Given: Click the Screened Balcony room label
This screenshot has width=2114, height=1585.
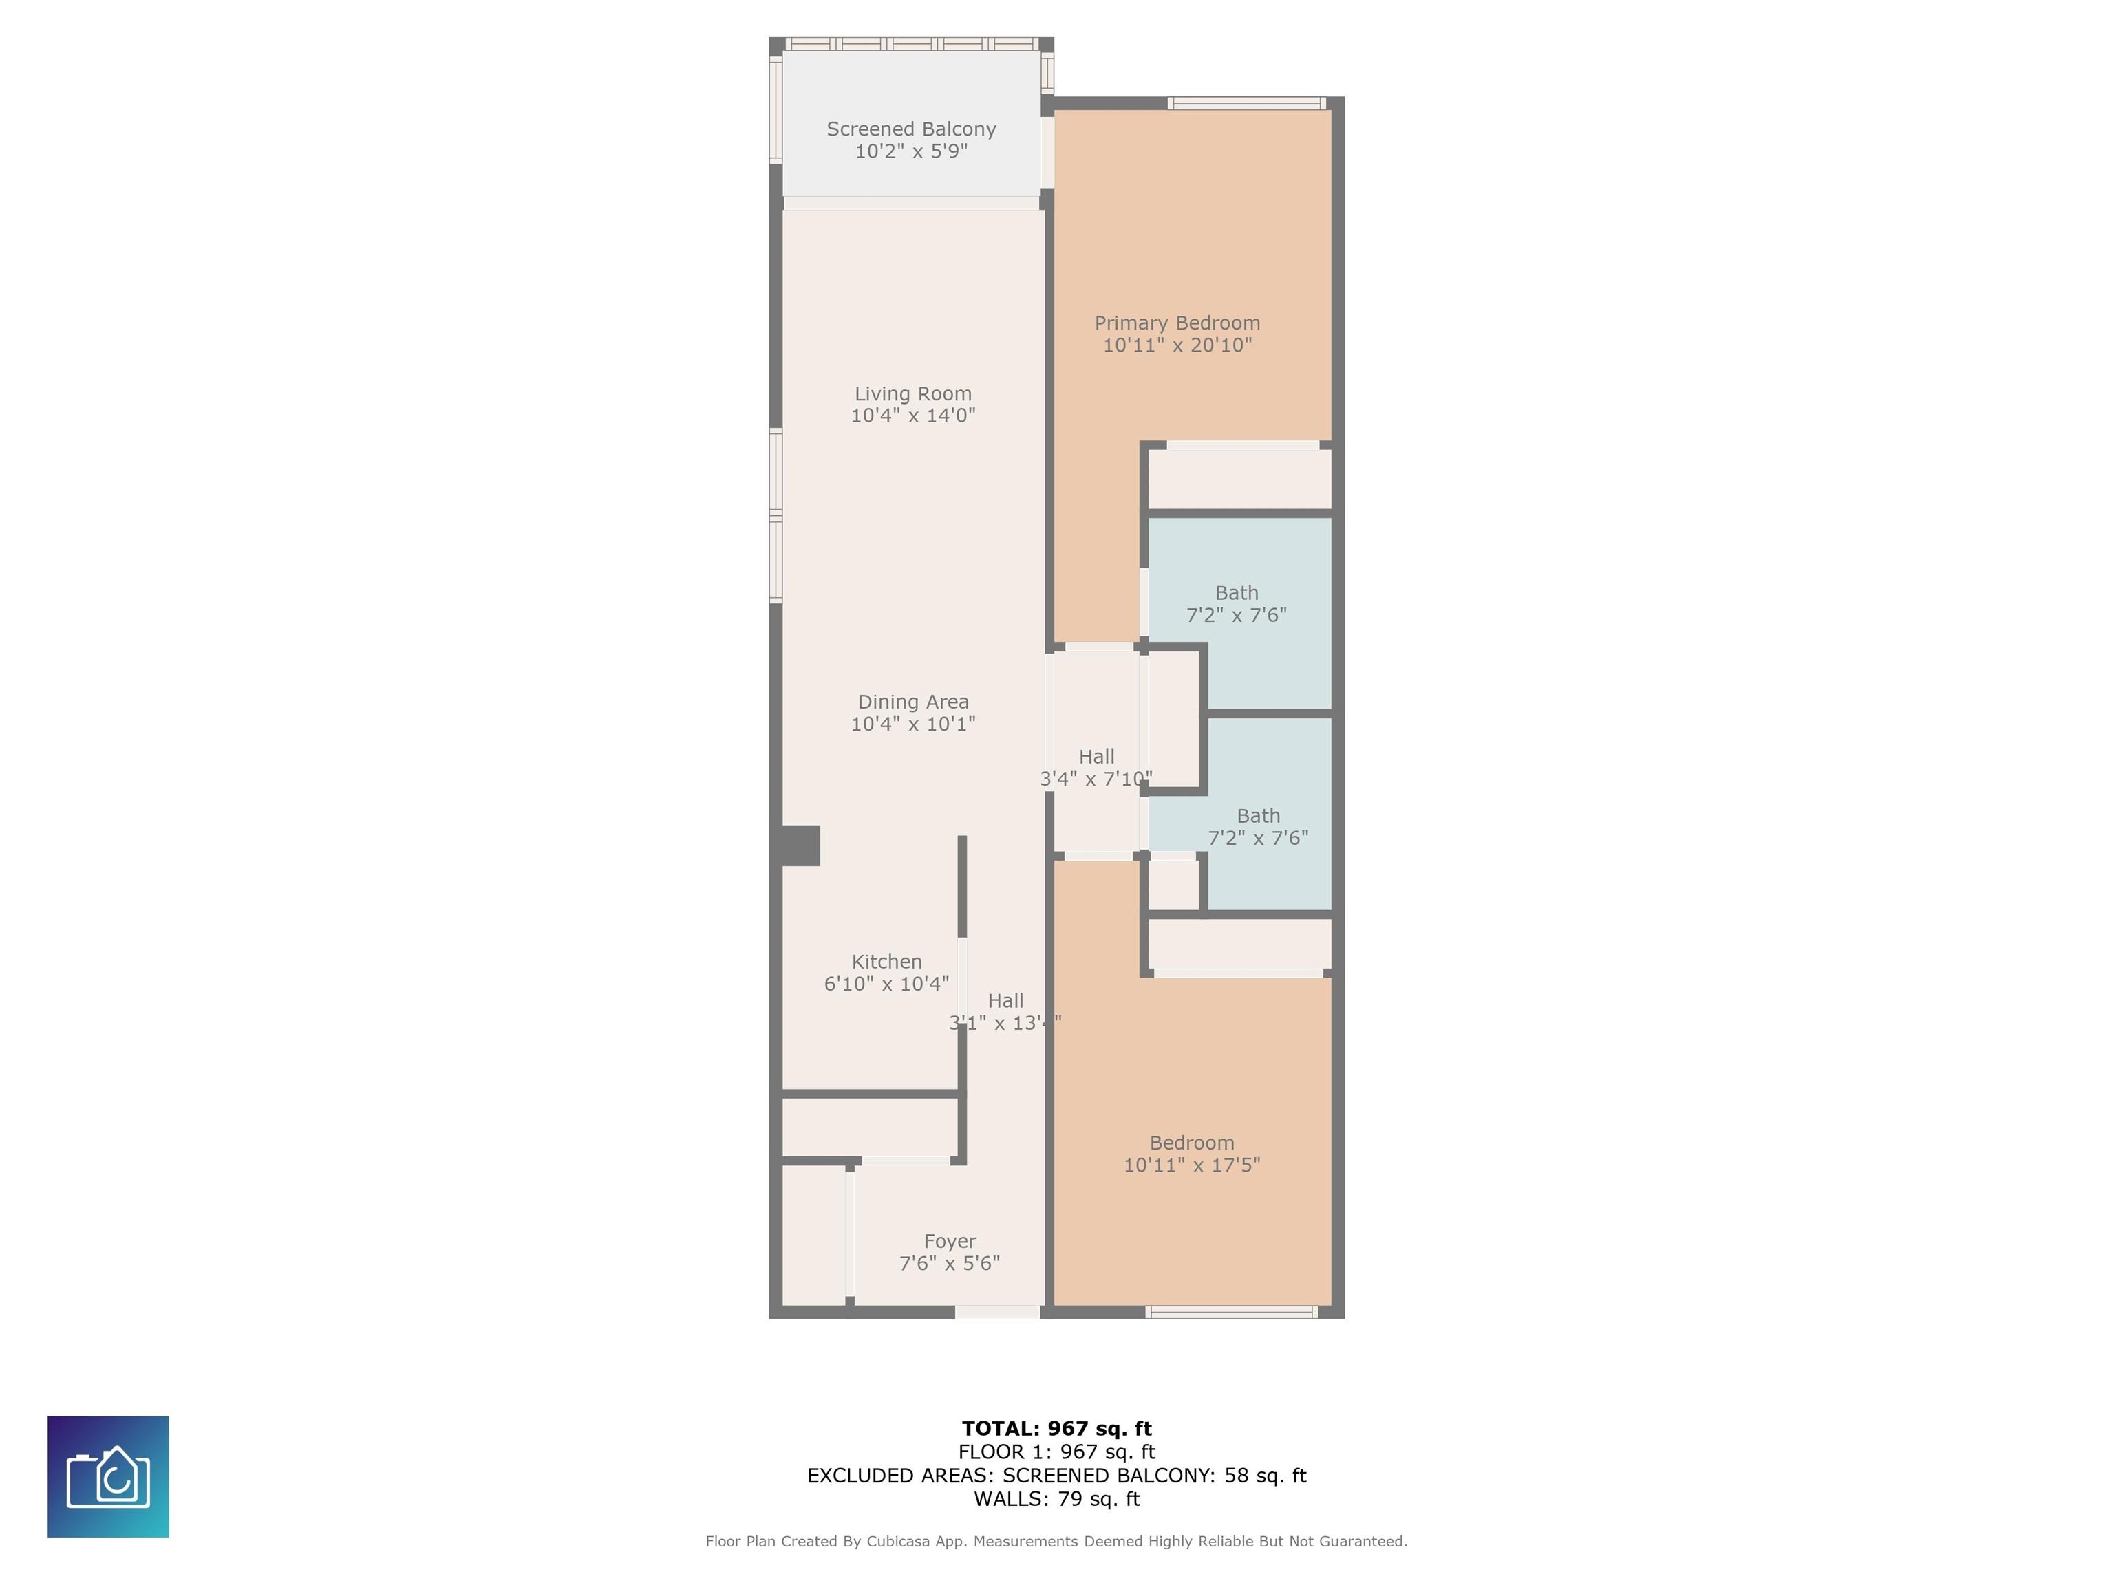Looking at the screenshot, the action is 911,129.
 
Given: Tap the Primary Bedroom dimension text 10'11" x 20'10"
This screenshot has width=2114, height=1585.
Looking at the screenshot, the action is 1177,345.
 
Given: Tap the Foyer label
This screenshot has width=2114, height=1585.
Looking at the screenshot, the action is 949,1241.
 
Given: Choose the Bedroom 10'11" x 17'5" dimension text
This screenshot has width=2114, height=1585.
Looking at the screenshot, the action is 1192,1165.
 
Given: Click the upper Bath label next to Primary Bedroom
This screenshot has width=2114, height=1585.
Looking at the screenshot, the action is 1237,592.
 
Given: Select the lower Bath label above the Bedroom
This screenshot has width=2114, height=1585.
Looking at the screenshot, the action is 1258,816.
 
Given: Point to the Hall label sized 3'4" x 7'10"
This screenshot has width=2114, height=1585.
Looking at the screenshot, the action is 1096,757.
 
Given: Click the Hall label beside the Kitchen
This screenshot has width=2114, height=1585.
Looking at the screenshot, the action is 1005,1000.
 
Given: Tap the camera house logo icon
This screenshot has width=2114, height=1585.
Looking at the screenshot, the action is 108,1476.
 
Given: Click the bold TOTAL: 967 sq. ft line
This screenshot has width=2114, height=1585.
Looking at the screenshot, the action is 1056,1428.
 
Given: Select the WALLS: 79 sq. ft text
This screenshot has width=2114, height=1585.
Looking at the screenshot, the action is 1056,1498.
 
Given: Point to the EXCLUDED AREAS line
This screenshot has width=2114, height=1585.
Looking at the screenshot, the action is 1056,1475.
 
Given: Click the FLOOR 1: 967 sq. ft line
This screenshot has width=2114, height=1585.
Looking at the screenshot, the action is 1056,1452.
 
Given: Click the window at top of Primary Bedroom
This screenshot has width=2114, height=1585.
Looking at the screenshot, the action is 1246,103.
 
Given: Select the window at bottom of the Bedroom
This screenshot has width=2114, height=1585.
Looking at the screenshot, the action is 1232,1313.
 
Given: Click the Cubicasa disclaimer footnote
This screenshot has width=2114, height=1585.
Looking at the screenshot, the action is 1056,1541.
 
